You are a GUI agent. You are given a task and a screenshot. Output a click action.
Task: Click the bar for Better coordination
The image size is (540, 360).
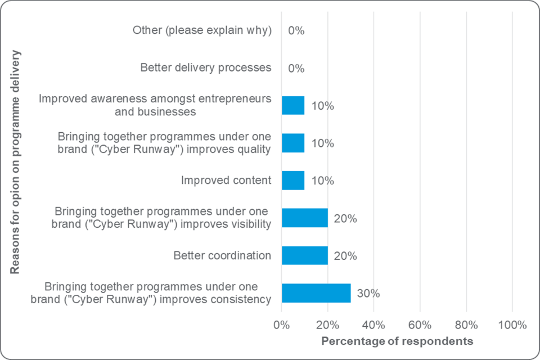coord(304,255)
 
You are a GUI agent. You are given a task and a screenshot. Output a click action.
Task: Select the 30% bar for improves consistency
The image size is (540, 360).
coord(316,293)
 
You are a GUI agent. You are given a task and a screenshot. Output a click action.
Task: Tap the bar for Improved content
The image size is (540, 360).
coord(293,181)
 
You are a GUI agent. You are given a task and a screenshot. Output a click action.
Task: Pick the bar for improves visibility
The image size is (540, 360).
coord(304,218)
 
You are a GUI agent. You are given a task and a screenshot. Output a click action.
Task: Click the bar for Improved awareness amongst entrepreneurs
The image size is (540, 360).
coord(293,105)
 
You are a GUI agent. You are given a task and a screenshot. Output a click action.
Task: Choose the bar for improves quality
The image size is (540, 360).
coord(293,143)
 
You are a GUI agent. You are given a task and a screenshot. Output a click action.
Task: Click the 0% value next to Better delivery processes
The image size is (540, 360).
coord(296,68)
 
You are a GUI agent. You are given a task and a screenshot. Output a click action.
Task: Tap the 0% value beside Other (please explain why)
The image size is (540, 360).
coord(296,31)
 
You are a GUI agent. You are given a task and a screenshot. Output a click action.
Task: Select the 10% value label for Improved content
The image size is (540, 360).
coord(323,181)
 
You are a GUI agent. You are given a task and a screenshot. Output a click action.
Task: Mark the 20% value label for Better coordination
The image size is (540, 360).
coord(346,256)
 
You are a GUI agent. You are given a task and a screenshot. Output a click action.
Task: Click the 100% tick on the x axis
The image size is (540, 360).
coord(512,325)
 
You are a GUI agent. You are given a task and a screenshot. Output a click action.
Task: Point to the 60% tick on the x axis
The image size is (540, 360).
coord(420,325)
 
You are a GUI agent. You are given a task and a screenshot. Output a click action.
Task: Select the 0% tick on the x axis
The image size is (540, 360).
coord(282,325)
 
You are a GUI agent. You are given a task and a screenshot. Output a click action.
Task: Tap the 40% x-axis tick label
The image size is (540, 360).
coord(373,325)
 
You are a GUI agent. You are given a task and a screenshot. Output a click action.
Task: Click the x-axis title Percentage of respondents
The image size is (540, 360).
coord(397,341)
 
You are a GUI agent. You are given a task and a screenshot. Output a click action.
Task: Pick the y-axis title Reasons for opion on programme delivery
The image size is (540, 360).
coord(15,162)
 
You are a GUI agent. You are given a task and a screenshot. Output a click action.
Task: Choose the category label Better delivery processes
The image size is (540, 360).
coord(206,68)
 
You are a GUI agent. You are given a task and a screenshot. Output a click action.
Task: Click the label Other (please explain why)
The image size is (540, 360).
coord(202,30)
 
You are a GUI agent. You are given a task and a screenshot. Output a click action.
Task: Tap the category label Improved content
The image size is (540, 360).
coord(226,181)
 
